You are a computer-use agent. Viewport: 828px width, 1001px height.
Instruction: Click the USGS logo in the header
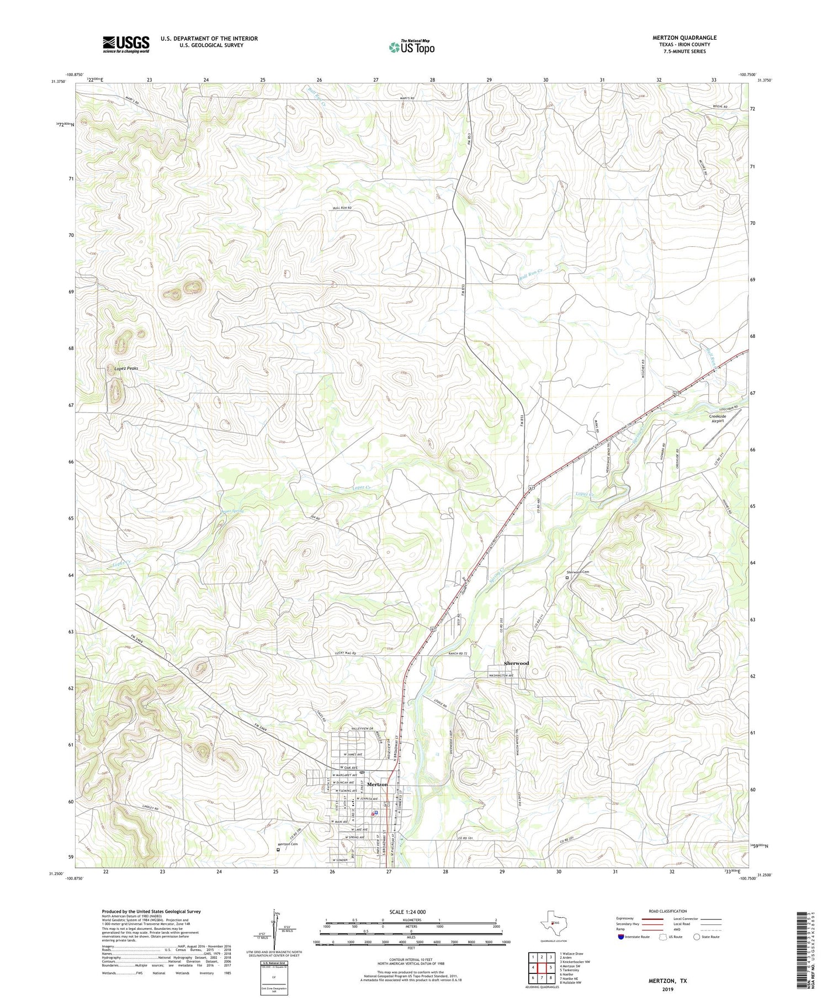pos(126,44)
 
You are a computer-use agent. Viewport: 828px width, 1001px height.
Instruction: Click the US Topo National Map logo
pos(411,47)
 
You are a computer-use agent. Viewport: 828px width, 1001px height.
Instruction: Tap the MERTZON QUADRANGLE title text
pos(684,38)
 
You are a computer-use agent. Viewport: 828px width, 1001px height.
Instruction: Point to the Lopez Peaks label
pos(123,368)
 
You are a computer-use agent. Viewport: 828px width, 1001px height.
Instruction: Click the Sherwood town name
pos(516,663)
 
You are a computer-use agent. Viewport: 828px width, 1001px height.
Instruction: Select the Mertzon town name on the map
pos(377,785)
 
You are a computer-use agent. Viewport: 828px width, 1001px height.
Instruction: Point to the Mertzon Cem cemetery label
pos(287,845)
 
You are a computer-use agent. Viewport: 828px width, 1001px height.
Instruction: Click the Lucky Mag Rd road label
pos(346,653)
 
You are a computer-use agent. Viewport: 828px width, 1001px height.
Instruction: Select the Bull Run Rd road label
pos(342,208)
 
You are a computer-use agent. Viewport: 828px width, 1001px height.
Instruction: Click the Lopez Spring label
pos(232,511)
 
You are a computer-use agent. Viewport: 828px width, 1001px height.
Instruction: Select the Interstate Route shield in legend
pos(621,937)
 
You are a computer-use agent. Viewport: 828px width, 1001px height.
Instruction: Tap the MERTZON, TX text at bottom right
pos(667,981)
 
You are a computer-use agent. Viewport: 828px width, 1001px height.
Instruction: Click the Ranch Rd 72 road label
pos(458,653)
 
